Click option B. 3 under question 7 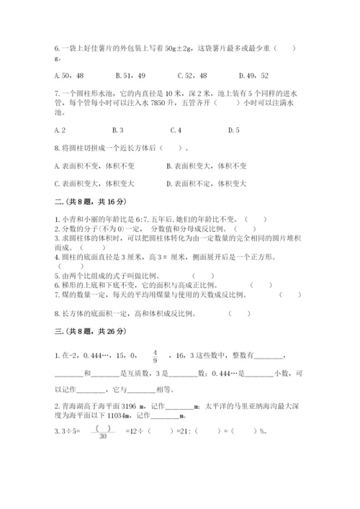119,130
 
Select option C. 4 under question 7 176,130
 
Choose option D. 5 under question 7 233,130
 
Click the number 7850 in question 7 158,102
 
